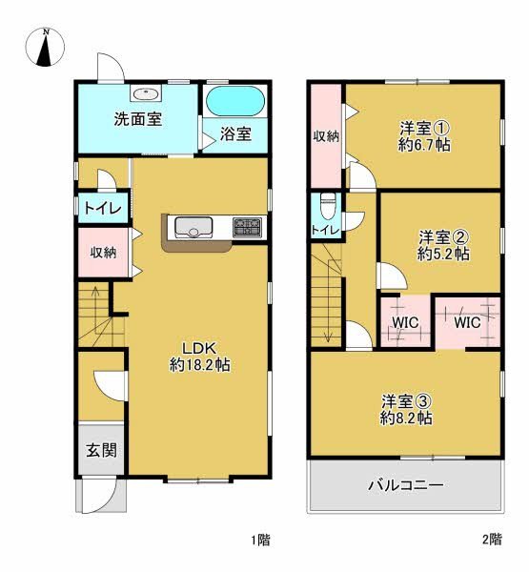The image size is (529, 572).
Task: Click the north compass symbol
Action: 46,48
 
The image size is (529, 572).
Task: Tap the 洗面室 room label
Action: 138,120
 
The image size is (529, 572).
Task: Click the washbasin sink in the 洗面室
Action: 146,93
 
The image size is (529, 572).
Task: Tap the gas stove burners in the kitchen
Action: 247,227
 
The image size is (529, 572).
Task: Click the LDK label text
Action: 199,346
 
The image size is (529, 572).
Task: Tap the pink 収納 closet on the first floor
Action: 103,253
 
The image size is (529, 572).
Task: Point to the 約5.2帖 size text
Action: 443,255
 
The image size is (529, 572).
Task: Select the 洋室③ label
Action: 407,400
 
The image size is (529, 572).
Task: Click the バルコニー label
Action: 406,485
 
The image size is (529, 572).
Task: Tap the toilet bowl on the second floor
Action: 328,205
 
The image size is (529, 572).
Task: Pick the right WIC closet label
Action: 466,322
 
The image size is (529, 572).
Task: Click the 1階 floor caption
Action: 259,541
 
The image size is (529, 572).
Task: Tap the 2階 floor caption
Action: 491,541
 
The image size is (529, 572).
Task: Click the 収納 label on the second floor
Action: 327,136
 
